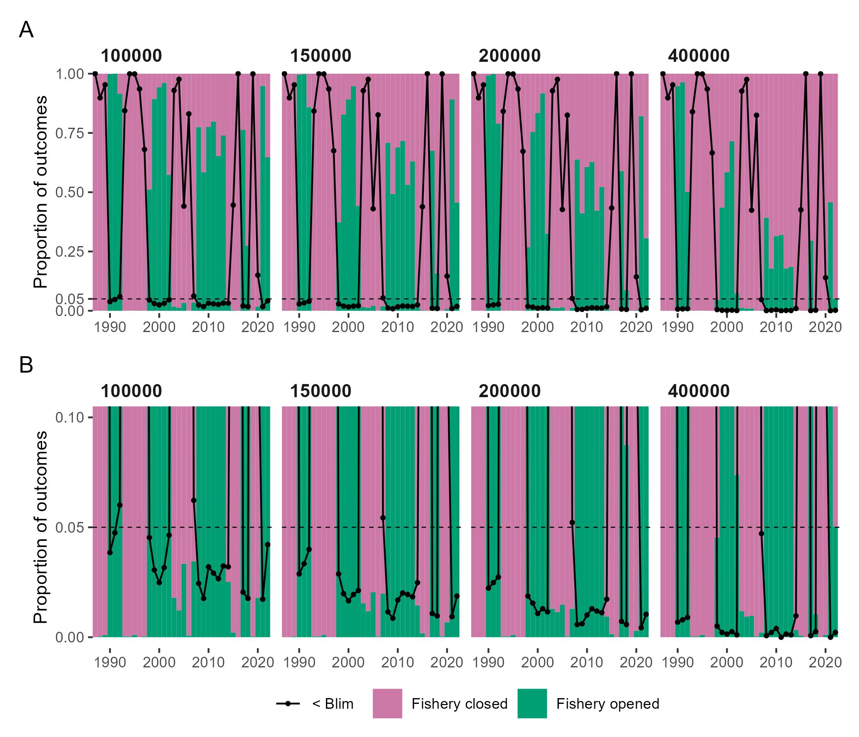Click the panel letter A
(x=26, y=30)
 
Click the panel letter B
(x=26, y=366)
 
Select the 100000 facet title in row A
(x=131, y=56)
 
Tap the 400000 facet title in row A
(x=699, y=56)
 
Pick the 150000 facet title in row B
(x=320, y=391)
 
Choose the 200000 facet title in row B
(x=510, y=391)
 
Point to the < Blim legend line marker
(x=288, y=703)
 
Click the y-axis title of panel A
(x=40, y=192)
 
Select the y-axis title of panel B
(x=40, y=527)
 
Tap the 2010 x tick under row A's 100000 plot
(x=208, y=327)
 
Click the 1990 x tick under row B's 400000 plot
(x=677, y=662)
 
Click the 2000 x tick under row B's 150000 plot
(x=348, y=662)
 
